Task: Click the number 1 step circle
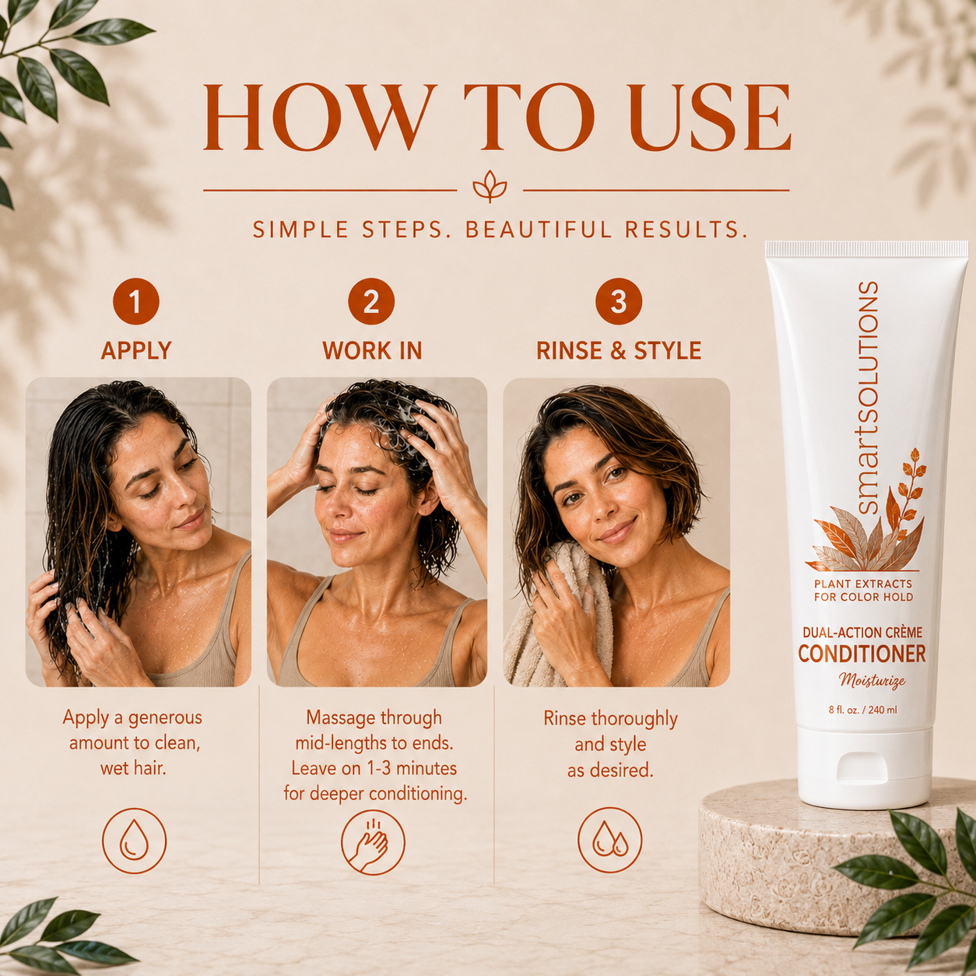click(x=135, y=301)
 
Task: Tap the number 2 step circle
click(x=371, y=301)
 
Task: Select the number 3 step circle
click(x=619, y=301)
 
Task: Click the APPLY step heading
click(x=135, y=350)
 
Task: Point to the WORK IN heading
click(x=372, y=350)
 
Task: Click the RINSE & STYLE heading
click(x=619, y=350)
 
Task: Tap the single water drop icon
click(x=134, y=841)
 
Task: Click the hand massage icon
click(x=373, y=841)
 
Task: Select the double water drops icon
click(x=610, y=841)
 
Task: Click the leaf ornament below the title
click(x=490, y=187)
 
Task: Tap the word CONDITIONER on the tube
click(x=862, y=654)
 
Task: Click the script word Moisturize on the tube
click(x=872, y=680)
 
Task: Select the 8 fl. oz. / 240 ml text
click(x=862, y=710)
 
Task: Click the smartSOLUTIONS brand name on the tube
click(x=869, y=398)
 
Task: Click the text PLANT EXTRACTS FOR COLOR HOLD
click(x=863, y=591)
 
